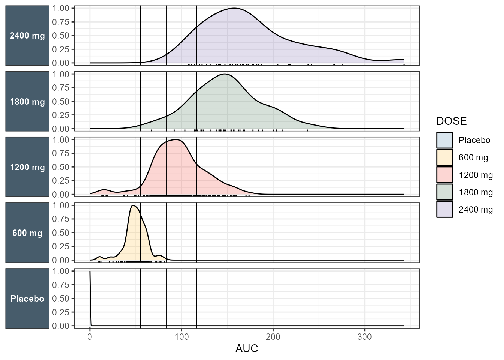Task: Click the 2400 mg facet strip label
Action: [27, 36]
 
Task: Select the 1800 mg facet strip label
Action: [27, 102]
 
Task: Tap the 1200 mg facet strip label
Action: [27, 167]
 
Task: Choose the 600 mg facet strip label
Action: [27, 233]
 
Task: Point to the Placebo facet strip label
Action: [27, 298]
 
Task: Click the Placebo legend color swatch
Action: [444, 140]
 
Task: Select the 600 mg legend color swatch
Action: [444, 157]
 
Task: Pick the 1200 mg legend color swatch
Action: [444, 175]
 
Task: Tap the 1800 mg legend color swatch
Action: [444, 192]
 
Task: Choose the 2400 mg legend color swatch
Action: [444, 209]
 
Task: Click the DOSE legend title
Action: [451, 121]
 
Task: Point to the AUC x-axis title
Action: [247, 349]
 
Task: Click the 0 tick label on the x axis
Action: [90, 337]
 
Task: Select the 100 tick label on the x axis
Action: [181, 337]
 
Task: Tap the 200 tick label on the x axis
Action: [273, 337]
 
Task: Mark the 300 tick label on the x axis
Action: [364, 337]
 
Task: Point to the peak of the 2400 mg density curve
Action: [235, 8]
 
